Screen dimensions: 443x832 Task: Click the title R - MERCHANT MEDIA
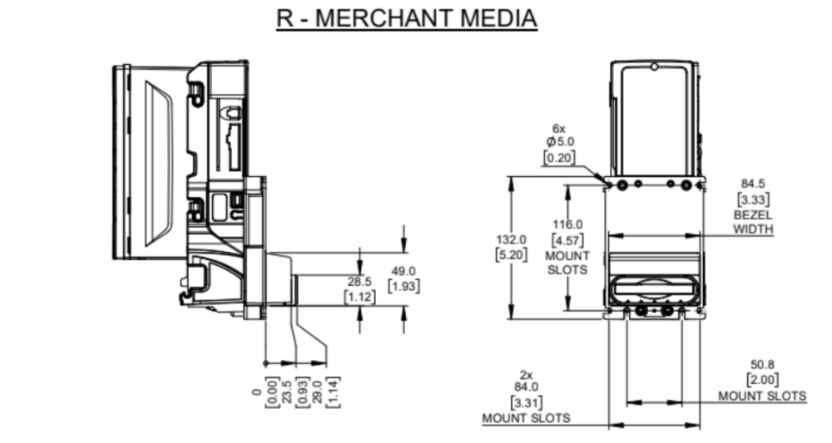click(x=407, y=18)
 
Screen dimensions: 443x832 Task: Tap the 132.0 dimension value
click(x=511, y=239)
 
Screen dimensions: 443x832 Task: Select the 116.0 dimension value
click(x=567, y=224)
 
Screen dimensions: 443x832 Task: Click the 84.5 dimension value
click(x=753, y=184)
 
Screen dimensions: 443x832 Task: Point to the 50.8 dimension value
click(x=763, y=364)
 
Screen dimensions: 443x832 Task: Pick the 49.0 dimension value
click(x=404, y=271)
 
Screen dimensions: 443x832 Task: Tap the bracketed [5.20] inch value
click(x=511, y=254)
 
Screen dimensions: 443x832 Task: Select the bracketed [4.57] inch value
click(x=567, y=240)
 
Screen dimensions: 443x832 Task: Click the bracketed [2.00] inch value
click(x=763, y=380)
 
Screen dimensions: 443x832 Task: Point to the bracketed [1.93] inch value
click(x=404, y=286)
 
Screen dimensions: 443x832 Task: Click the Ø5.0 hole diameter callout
click(x=559, y=143)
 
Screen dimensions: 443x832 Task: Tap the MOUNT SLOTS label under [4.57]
click(x=567, y=263)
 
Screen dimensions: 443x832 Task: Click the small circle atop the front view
click(x=655, y=66)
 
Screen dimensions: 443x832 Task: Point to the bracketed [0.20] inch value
click(x=559, y=158)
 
